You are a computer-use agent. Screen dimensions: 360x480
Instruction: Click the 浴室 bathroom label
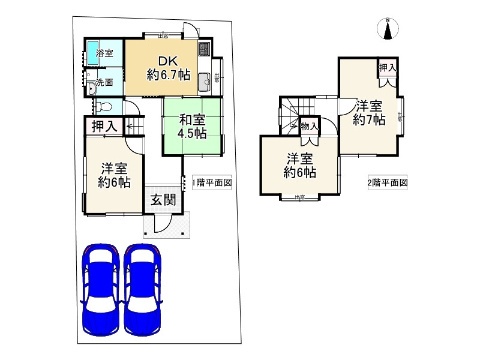tap(105, 53)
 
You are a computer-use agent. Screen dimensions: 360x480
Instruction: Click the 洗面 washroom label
tap(105, 82)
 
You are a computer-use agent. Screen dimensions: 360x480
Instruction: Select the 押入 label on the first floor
tap(104, 126)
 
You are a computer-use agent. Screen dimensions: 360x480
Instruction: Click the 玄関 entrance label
tap(163, 200)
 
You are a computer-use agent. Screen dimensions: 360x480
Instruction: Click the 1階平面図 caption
tap(212, 182)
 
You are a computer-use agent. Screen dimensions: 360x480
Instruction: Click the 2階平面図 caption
tap(388, 182)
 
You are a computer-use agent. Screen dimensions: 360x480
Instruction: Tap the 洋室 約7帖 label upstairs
tap(368, 112)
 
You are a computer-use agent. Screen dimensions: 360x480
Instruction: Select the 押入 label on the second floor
tap(387, 68)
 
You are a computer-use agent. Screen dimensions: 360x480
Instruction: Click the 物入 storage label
tap(309, 126)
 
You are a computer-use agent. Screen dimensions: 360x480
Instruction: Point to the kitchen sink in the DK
tap(203, 79)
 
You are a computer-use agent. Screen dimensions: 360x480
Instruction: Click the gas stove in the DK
tap(203, 47)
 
